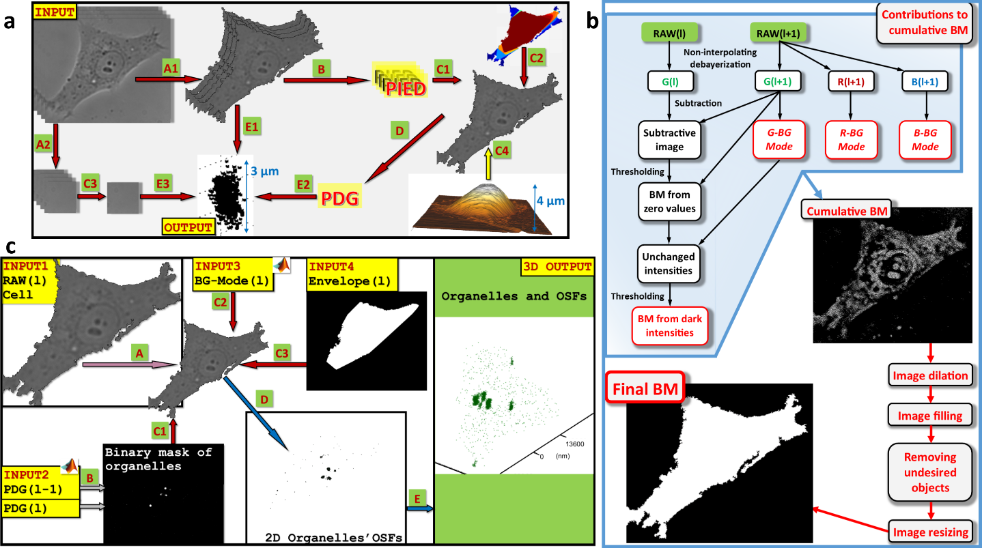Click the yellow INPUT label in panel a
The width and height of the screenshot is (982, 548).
[x=55, y=12]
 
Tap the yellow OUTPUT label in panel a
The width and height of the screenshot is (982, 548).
[x=188, y=227]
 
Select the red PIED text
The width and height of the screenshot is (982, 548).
[x=406, y=89]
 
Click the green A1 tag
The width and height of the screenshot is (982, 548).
[x=171, y=68]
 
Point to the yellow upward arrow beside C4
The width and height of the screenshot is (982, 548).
[x=488, y=163]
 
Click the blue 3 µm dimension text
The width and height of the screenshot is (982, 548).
[x=265, y=171]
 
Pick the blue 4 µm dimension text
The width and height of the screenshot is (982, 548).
[x=550, y=201]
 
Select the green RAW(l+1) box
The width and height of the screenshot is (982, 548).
[x=778, y=33]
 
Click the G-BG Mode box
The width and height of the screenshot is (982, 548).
[x=779, y=139]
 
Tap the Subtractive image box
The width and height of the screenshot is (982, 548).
[x=669, y=140]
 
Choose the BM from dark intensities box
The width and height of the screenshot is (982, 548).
[x=669, y=326]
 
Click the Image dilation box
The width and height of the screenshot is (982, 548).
[x=930, y=375]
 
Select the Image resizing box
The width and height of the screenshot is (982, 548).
[x=930, y=532]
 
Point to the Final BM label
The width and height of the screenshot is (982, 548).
[x=645, y=388]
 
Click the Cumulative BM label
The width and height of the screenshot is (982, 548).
[x=847, y=211]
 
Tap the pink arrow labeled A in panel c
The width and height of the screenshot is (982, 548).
[x=130, y=364]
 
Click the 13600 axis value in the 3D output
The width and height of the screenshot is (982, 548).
[x=575, y=444]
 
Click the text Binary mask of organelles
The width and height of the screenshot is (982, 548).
[x=158, y=459]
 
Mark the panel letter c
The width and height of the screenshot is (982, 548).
[x=10, y=246]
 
